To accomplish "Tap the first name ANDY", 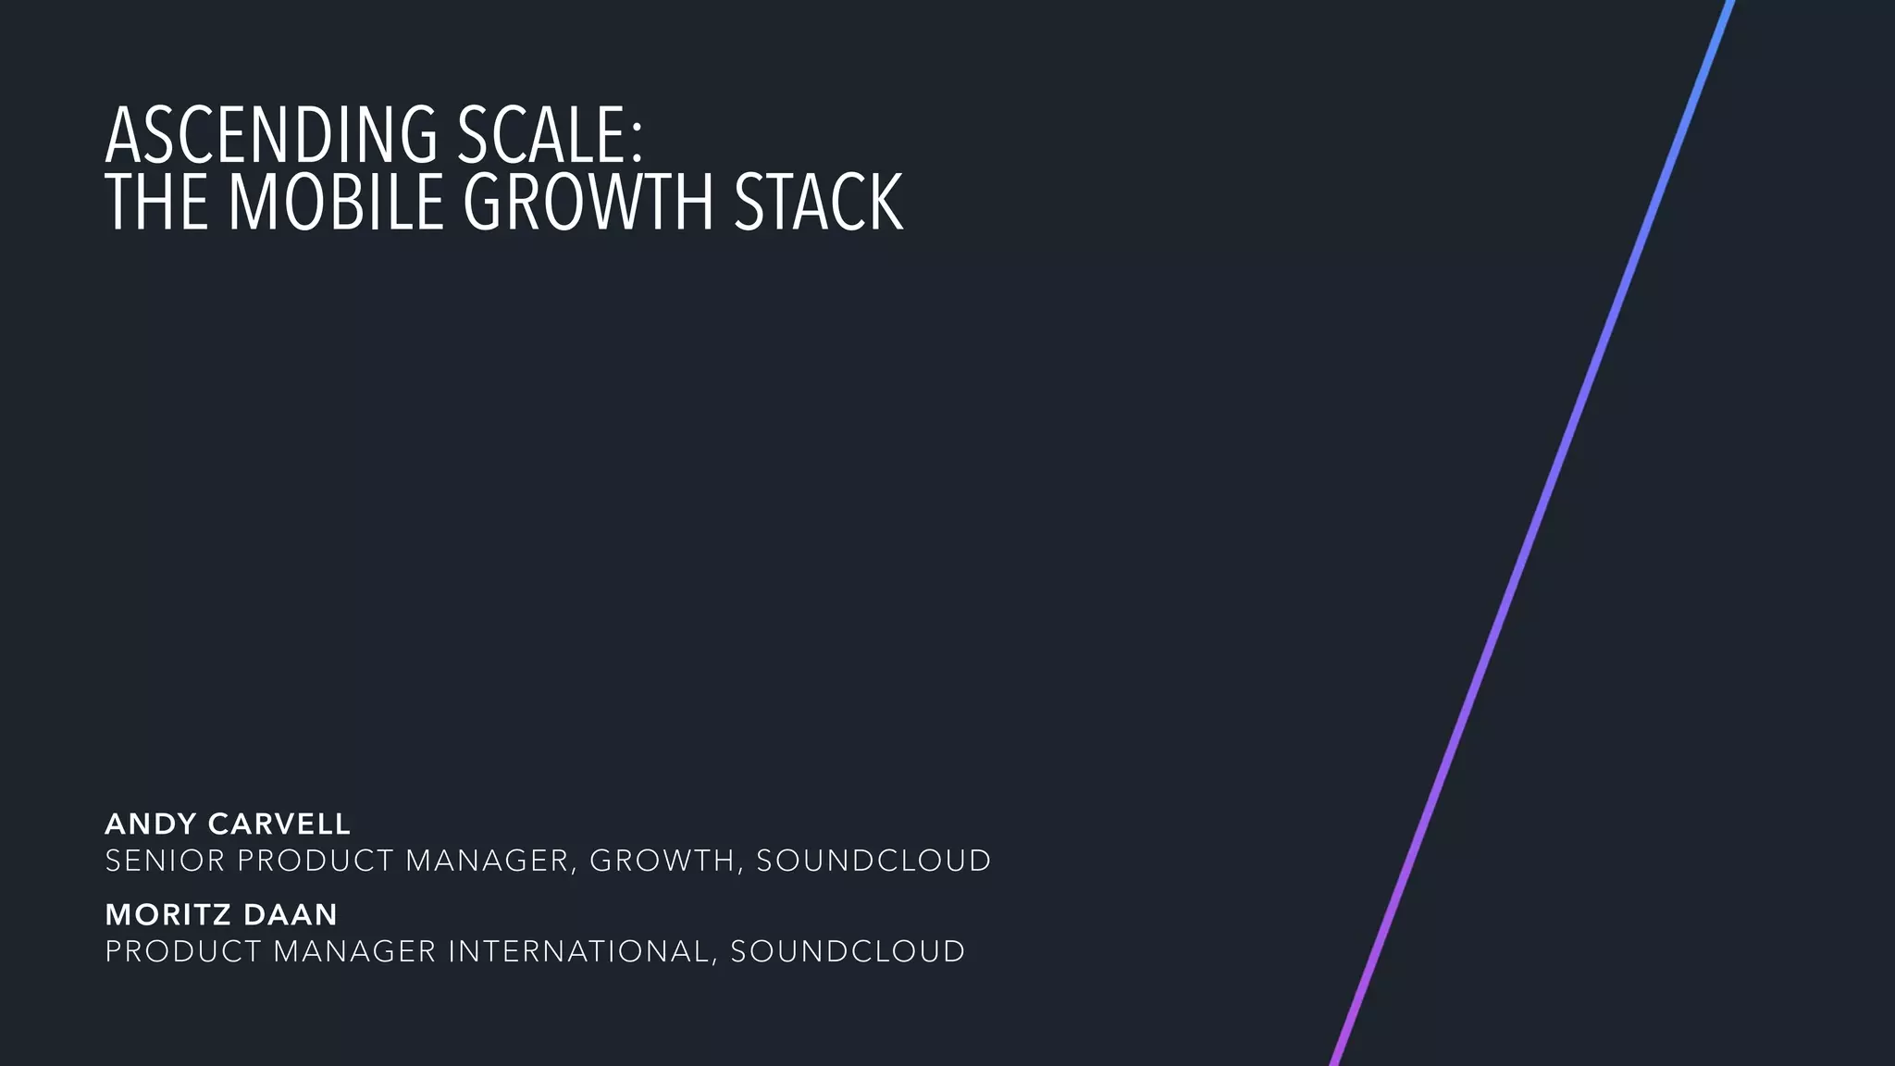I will [x=151, y=824].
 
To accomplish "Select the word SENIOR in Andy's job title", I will [x=165, y=861].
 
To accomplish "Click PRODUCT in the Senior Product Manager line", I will [x=316, y=861].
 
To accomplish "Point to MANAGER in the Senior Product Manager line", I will [x=487, y=861].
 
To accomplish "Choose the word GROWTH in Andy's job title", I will [x=663, y=861].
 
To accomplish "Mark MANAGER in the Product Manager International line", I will [x=353, y=951].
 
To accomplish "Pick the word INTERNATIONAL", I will [x=577, y=951].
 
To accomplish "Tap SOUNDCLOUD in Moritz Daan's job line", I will [x=848, y=951].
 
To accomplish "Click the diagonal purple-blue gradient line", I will [x=1533, y=533].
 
